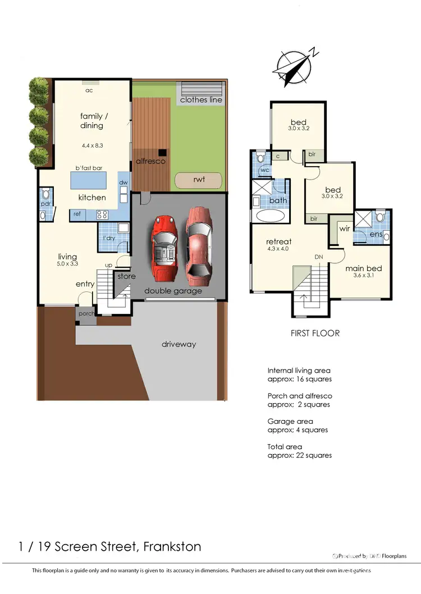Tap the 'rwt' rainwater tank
198,180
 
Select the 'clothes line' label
200,100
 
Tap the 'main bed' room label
364,268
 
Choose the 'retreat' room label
278,242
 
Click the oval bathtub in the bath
270,216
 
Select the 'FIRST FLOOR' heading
315,333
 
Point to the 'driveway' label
179,344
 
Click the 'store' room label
126,276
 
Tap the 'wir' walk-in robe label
344,229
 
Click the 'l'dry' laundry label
109,238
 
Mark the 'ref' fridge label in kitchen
76,214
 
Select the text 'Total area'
285,447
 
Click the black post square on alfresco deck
162,152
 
